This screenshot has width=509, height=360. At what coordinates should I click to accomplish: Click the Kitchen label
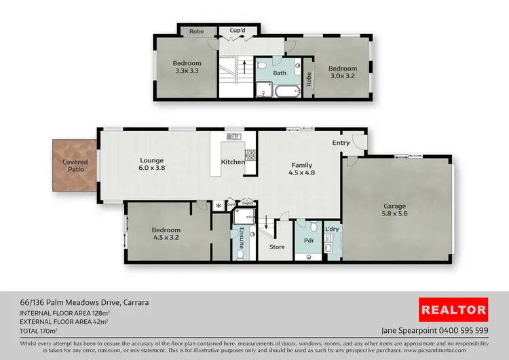(233, 162)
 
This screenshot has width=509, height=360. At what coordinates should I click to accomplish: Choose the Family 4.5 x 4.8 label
(302, 168)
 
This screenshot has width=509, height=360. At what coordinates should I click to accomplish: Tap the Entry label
(341, 143)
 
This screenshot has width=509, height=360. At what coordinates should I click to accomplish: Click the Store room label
(277, 247)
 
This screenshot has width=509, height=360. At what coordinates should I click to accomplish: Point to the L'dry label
(333, 230)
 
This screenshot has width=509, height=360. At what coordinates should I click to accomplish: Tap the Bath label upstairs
(280, 73)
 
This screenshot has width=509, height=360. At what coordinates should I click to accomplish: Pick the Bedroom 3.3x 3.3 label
(188, 67)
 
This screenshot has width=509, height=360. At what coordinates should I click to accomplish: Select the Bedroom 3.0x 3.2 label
(343, 72)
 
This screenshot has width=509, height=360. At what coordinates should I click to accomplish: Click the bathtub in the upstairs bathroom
(287, 91)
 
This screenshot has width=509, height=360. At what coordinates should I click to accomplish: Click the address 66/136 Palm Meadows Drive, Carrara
(86, 302)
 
